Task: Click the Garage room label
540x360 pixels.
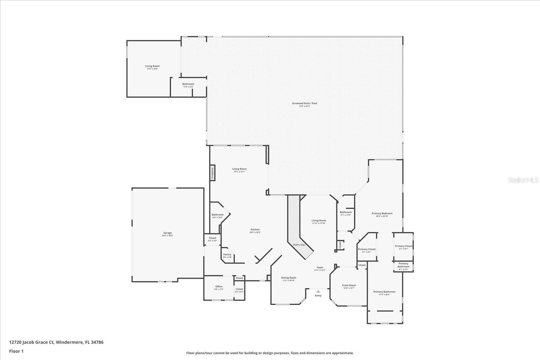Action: point(168,233)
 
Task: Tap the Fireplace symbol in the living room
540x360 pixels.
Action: point(213,173)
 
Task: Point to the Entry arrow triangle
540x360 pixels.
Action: point(318,291)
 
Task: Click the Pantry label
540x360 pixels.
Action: point(227,254)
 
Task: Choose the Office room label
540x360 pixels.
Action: point(219,286)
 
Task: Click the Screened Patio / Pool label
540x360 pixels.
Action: point(304,103)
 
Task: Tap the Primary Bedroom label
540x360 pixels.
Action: point(382,213)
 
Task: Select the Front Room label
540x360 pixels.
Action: point(349,285)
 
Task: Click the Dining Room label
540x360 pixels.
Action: point(289,278)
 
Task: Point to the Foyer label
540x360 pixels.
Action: point(320,267)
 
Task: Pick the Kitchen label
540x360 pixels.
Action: point(255,229)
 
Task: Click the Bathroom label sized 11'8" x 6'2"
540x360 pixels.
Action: point(188,84)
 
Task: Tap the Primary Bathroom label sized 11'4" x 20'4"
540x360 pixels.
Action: point(384,292)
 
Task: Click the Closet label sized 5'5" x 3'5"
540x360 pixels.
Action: point(212,238)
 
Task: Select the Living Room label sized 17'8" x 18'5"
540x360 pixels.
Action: point(152,66)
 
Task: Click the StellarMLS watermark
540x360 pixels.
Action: point(523,180)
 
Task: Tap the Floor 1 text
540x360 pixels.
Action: point(16,351)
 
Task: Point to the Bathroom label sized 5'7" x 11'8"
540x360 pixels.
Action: point(346,212)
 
